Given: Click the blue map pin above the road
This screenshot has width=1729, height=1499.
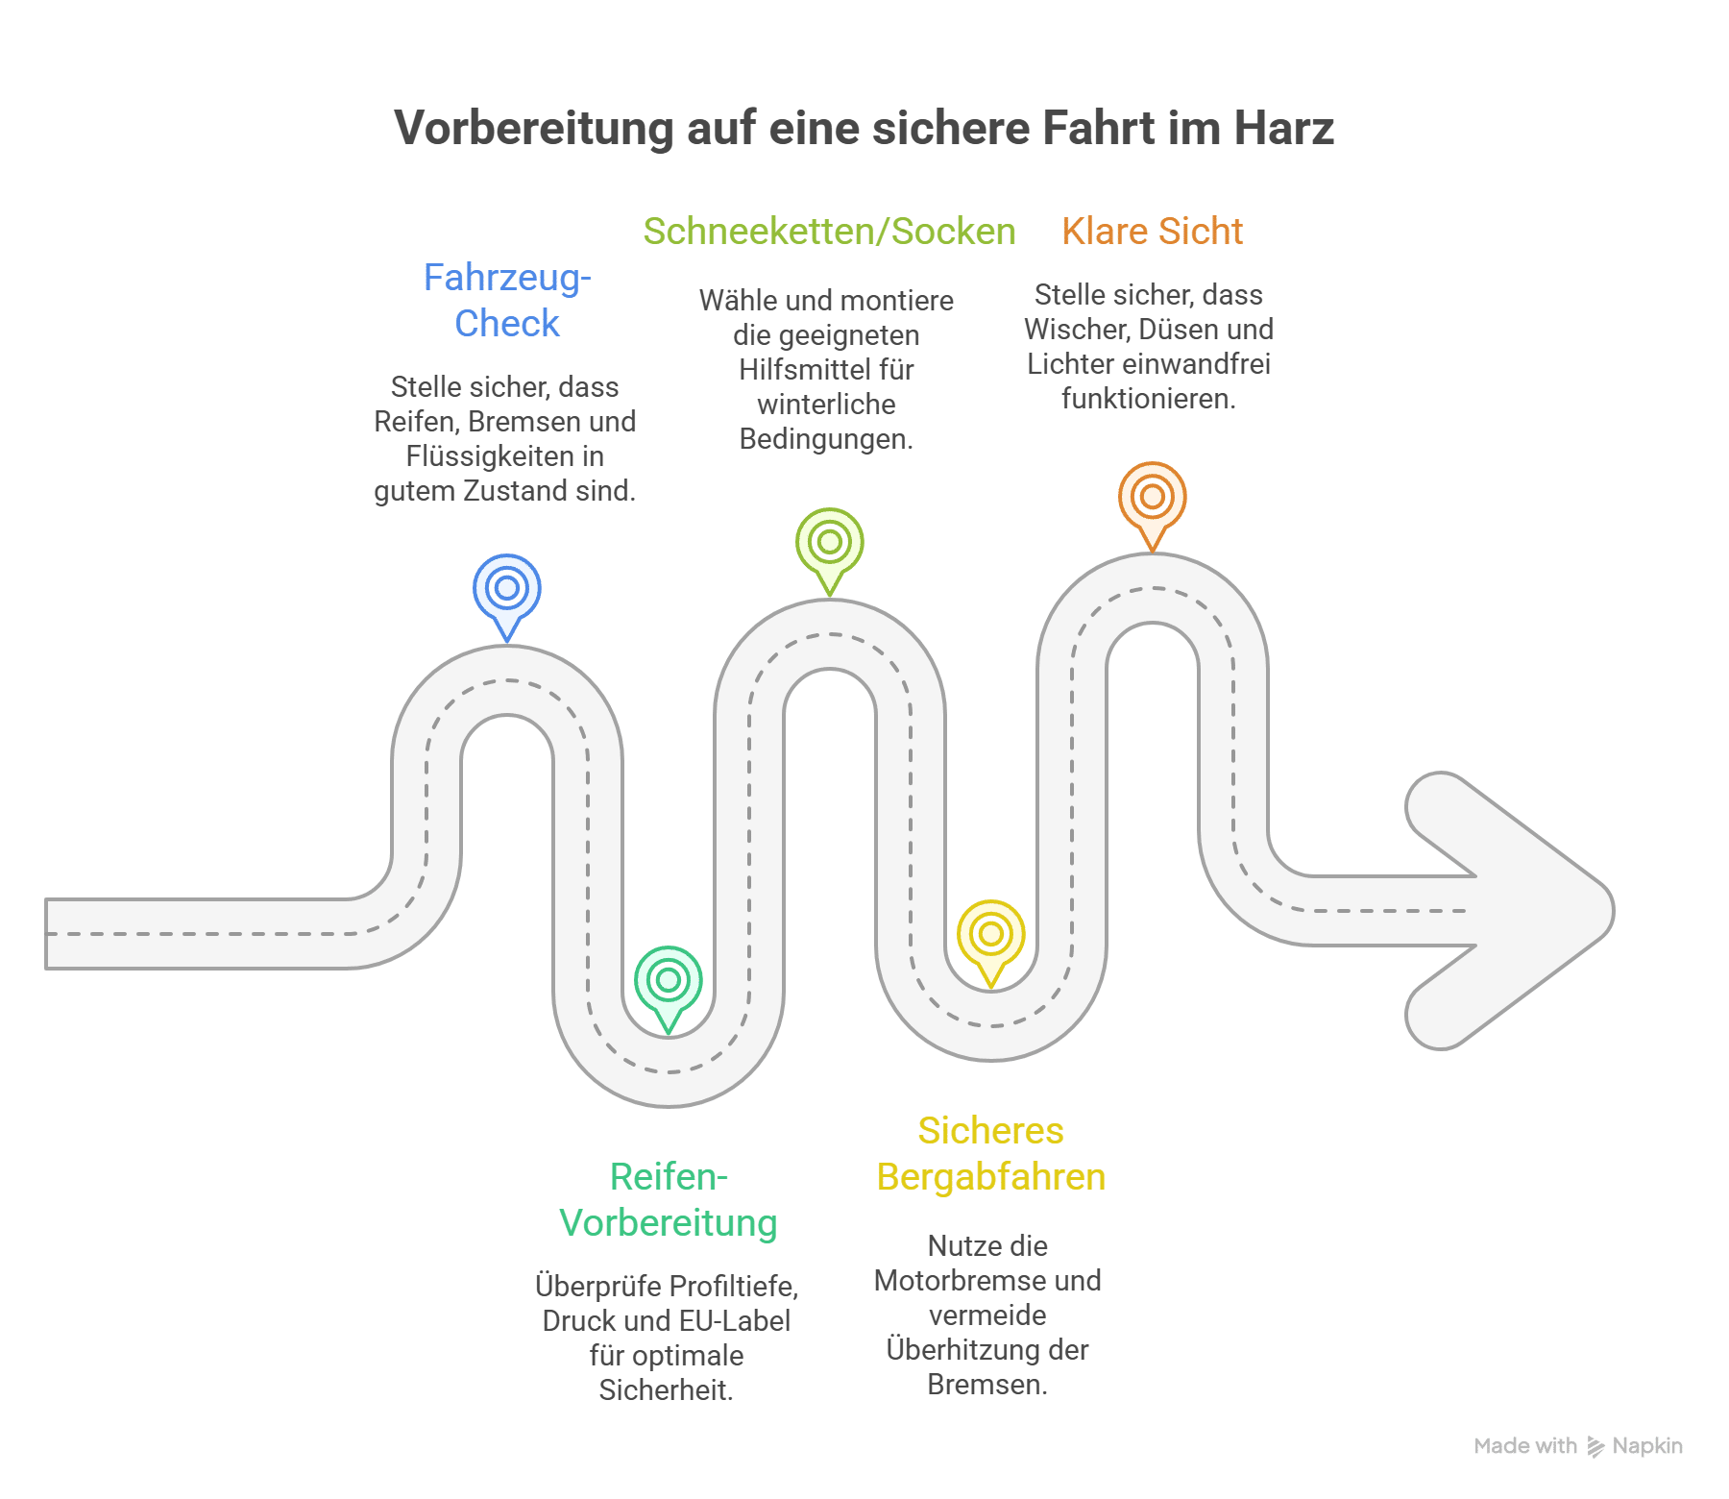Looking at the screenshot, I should [507, 590].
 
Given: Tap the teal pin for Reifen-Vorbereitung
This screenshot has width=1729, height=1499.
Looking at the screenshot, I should [669, 981].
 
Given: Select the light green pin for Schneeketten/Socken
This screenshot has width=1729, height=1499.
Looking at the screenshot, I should [830, 544].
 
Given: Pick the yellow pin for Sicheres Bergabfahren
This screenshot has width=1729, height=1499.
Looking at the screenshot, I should [991, 935].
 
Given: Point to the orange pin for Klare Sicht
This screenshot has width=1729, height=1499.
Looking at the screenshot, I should [1152, 498].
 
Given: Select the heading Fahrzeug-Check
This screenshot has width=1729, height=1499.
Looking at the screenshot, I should [507, 300].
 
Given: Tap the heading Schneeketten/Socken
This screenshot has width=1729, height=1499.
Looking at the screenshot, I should [829, 232].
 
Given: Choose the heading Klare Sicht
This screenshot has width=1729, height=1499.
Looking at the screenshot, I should [1152, 232].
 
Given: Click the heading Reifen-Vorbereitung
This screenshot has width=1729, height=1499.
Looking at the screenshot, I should [669, 1199].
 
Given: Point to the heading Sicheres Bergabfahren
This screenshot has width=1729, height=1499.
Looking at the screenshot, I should [990, 1153].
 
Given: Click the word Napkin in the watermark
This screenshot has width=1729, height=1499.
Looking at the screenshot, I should [1647, 1445].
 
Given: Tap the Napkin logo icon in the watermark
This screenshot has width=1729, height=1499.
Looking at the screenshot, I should [1595, 1446].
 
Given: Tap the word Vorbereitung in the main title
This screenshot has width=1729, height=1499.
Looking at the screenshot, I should [534, 129].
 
